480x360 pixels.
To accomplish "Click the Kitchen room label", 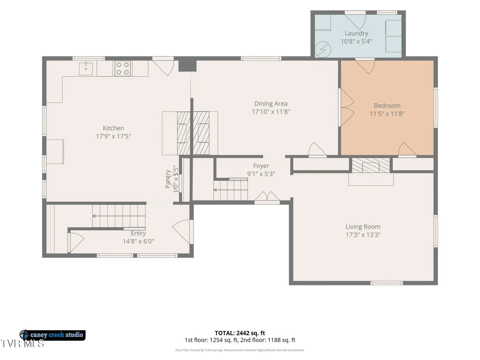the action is click(113, 128).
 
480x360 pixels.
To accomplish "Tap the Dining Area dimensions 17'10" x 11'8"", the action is click(271, 112).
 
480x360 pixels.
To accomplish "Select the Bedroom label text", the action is click(387, 106).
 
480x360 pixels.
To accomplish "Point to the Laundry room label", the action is click(356, 33).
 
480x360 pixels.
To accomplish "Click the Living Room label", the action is click(363, 227).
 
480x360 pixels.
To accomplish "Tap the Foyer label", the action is click(261, 166).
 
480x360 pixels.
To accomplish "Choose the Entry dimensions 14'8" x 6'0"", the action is click(138, 241).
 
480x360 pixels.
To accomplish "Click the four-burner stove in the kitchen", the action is click(122, 68).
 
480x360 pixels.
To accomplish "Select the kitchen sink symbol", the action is click(86, 68).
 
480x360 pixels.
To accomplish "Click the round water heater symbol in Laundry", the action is click(323, 50).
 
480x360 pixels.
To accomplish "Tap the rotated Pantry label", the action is click(168, 179).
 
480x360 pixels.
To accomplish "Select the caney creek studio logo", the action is click(52, 335).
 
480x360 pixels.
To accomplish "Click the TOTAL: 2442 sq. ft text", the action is click(240, 333).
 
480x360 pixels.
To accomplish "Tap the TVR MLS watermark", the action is click(22, 344).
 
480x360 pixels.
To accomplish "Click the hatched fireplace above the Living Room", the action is click(371, 165).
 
